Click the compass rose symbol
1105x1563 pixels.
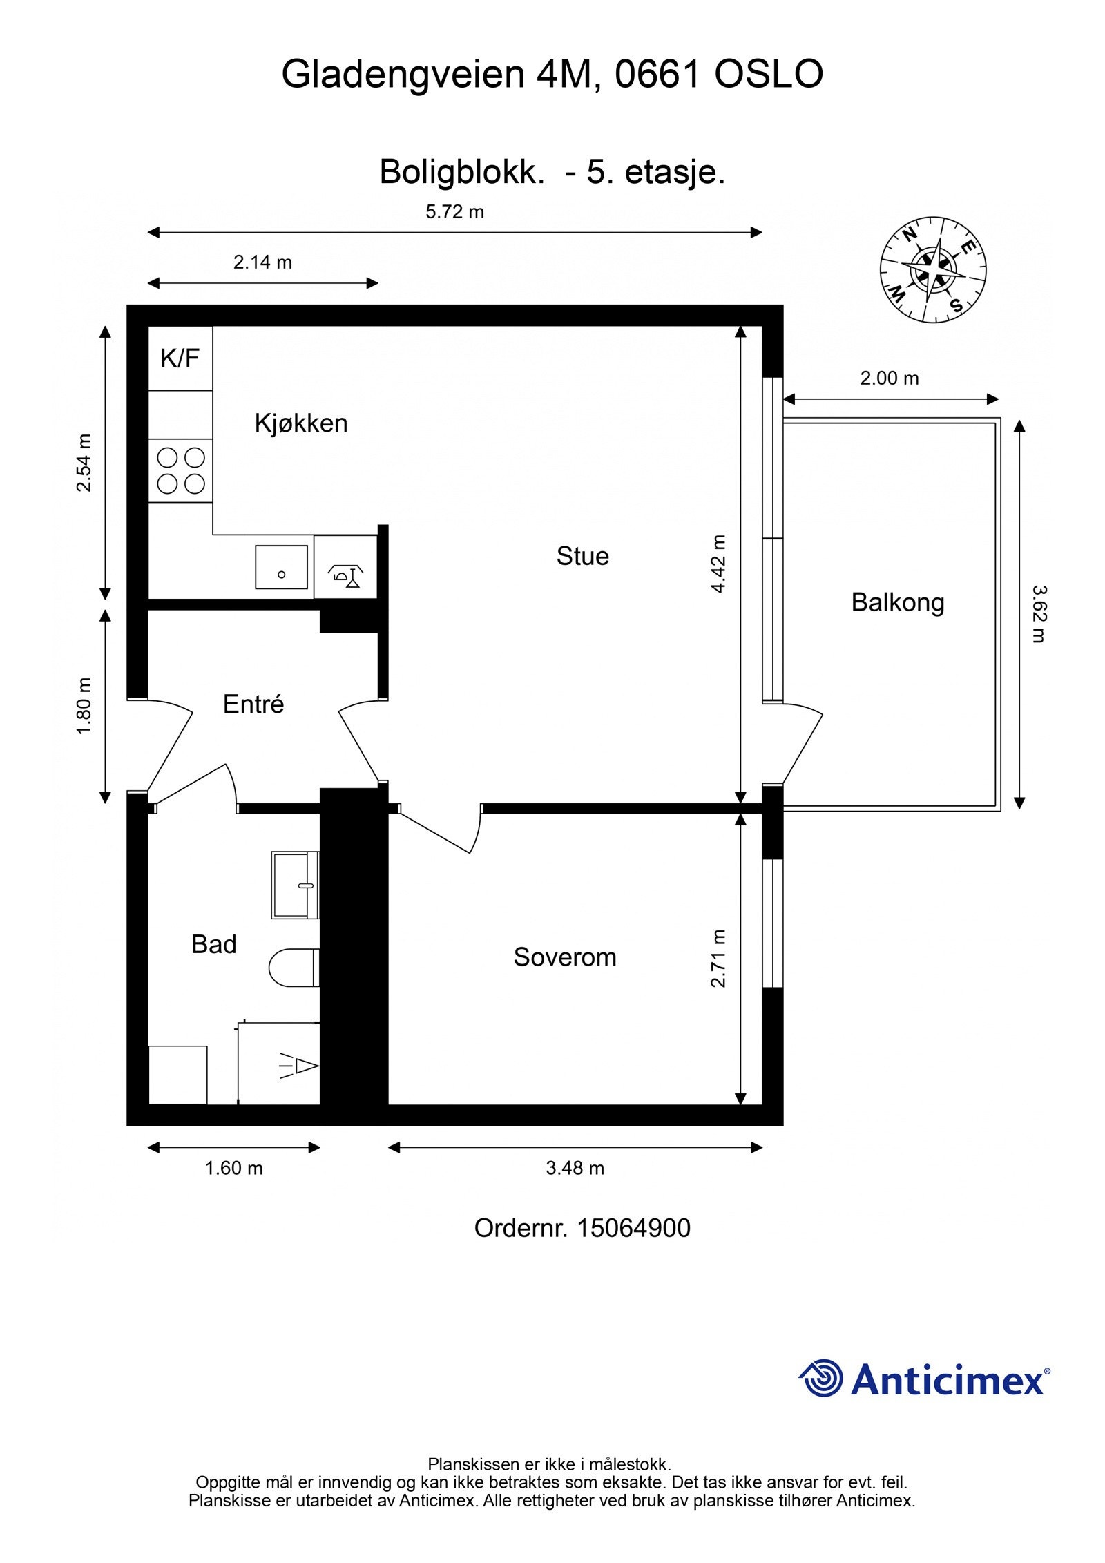click(x=932, y=269)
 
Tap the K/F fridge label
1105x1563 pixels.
click(x=180, y=358)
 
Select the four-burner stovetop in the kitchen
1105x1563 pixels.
click(x=181, y=470)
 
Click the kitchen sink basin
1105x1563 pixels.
click(x=281, y=567)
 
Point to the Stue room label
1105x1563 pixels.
click(x=583, y=557)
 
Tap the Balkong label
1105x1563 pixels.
click(x=898, y=603)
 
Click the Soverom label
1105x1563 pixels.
click(x=565, y=957)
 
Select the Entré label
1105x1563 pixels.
click(x=253, y=704)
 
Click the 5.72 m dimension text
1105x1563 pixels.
click(x=455, y=212)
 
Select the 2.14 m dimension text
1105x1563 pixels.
click(x=262, y=262)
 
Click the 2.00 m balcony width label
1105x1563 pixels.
click(x=890, y=378)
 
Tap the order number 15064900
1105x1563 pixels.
click(x=633, y=1229)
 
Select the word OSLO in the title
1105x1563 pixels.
click(x=769, y=75)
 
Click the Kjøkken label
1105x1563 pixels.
click(x=301, y=423)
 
